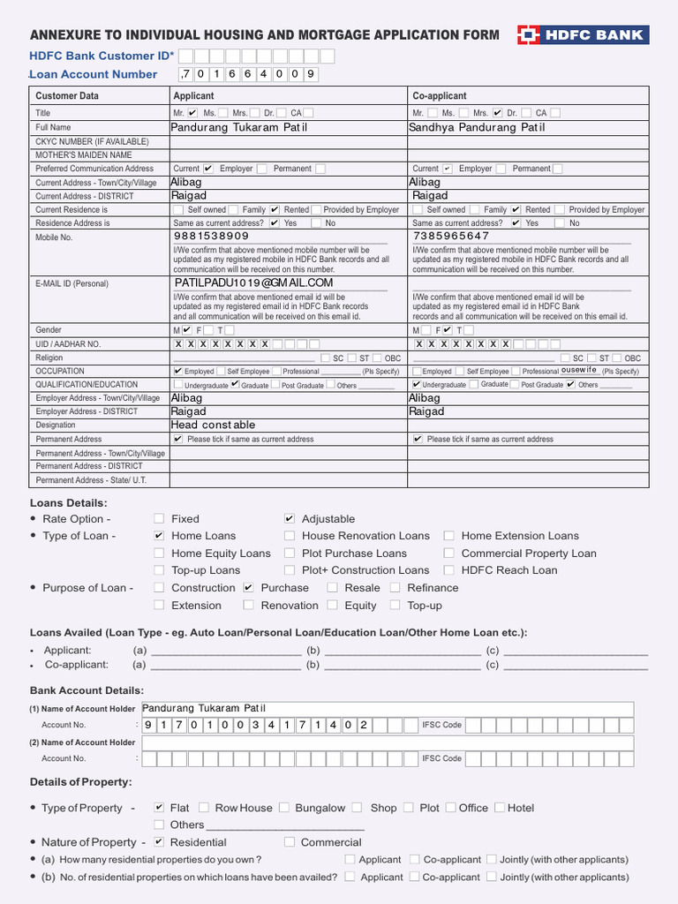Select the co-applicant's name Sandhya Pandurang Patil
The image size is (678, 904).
[477, 127]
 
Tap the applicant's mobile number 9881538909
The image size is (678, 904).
[211, 237]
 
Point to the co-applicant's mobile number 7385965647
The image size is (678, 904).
[450, 237]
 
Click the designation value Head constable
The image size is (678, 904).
[213, 425]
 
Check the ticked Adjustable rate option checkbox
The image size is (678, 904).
[290, 519]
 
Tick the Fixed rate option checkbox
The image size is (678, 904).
[159, 519]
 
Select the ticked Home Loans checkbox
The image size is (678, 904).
[159, 536]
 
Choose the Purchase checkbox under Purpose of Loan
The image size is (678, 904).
[249, 588]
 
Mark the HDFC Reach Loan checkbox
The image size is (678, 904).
[449, 570]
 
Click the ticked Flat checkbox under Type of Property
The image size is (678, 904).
[159, 808]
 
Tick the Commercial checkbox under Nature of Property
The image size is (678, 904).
[290, 842]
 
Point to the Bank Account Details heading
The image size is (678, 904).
[87, 690]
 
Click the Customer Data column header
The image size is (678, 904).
[67, 95]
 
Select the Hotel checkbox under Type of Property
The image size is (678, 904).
[500, 808]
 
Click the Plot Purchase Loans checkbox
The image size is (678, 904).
[290, 554]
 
